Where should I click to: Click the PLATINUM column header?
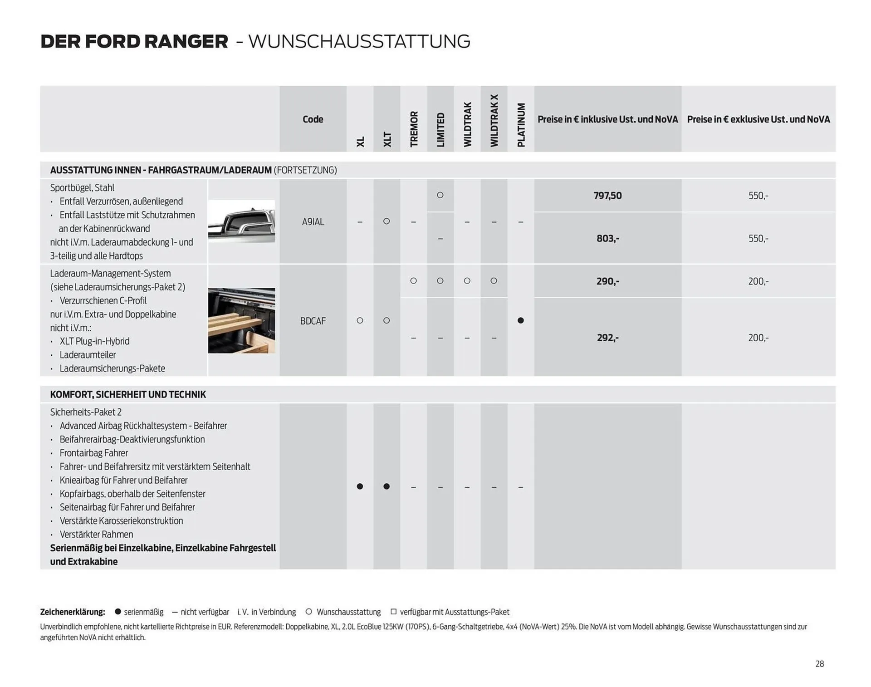tap(521, 125)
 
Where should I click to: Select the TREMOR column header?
tap(414, 129)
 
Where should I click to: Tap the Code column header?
tap(313, 119)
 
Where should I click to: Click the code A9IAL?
tap(313, 222)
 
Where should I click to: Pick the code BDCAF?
tap(313, 321)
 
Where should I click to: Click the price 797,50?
tap(607, 196)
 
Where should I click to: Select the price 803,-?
tap(607, 238)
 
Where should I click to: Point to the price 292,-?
tap(607, 338)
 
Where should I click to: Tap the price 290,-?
tap(607, 281)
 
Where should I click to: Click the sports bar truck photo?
tap(241, 221)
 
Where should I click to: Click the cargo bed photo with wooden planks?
tap(241, 320)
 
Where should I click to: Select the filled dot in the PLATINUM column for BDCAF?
tap(521, 320)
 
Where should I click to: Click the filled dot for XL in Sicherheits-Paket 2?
tap(360, 486)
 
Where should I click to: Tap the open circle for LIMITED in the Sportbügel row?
tap(440, 195)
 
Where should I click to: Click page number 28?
tap(819, 664)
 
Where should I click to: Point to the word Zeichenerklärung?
tap(73, 612)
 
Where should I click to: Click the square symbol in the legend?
tap(393, 611)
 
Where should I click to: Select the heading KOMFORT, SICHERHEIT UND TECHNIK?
tap(128, 394)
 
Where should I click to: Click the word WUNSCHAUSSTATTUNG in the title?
tap(359, 41)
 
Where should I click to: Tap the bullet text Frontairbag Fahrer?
tap(93, 453)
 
